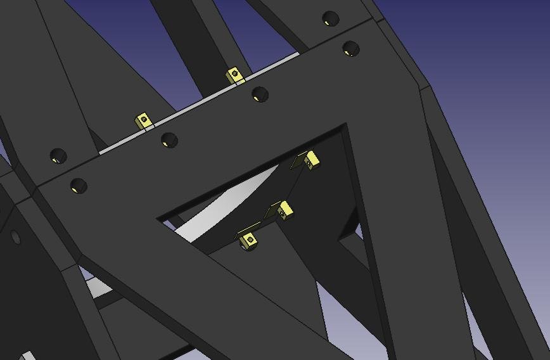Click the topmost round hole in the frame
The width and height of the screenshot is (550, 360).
click(330, 18)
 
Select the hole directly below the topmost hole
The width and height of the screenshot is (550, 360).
click(350, 48)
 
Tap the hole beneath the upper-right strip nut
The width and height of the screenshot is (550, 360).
click(260, 95)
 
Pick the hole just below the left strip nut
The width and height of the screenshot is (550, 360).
click(169, 139)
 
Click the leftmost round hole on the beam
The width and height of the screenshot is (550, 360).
click(58, 155)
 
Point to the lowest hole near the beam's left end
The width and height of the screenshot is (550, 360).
click(79, 186)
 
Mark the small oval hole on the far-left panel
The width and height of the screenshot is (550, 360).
click(16, 238)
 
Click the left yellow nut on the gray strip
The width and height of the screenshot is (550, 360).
click(144, 120)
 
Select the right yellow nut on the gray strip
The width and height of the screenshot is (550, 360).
click(235, 75)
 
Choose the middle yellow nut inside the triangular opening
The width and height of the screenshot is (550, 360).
click(285, 209)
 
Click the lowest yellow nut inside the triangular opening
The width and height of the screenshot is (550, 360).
click(248, 239)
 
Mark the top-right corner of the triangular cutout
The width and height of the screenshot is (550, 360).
click(344, 126)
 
